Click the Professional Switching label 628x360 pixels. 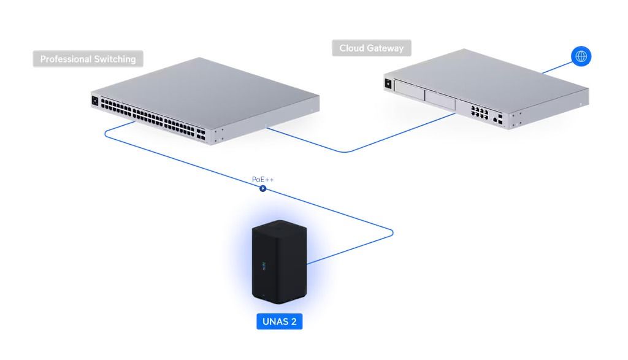coord(88,59)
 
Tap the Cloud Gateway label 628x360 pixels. coord(372,48)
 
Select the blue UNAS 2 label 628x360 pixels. coord(280,321)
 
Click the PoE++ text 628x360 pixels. coord(263,180)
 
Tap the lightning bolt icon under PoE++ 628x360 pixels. coord(263,188)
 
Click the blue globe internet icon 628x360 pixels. coord(581,56)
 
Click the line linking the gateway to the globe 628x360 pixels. coord(555,67)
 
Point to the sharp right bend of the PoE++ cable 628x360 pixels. coord(392,232)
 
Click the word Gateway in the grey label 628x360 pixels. coord(385,48)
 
